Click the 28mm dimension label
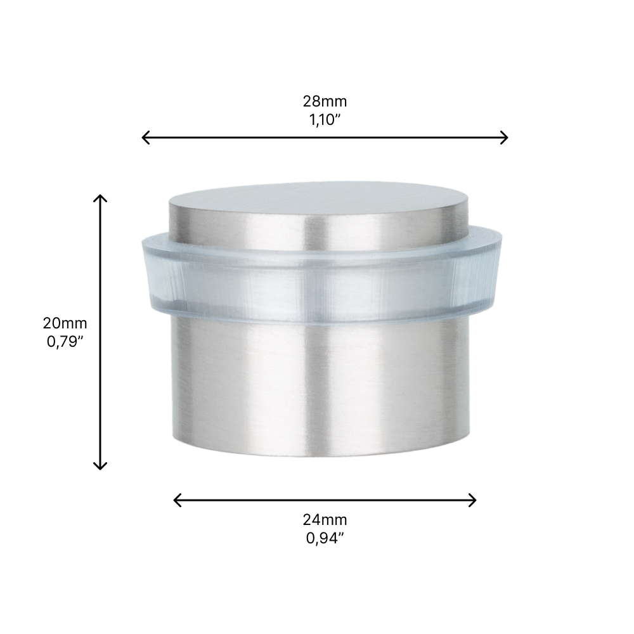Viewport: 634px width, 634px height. click(325, 101)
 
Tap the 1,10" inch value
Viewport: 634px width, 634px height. click(325, 120)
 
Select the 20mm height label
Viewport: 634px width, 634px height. click(65, 323)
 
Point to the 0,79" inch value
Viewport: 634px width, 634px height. click(65, 342)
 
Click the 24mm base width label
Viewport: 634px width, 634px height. click(325, 520)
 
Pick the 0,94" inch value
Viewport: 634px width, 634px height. click(325, 539)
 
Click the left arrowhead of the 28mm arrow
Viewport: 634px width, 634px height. click(144, 137)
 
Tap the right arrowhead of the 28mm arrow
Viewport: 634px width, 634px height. click(505, 137)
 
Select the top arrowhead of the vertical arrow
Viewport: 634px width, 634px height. click(100, 198)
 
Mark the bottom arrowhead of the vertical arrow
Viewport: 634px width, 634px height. click(100, 467)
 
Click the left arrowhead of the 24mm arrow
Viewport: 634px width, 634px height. click(176, 500)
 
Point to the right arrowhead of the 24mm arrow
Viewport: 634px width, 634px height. click(473, 500)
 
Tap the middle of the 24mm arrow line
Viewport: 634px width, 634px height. click(325, 500)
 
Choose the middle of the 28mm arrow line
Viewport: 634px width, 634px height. click(325, 137)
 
